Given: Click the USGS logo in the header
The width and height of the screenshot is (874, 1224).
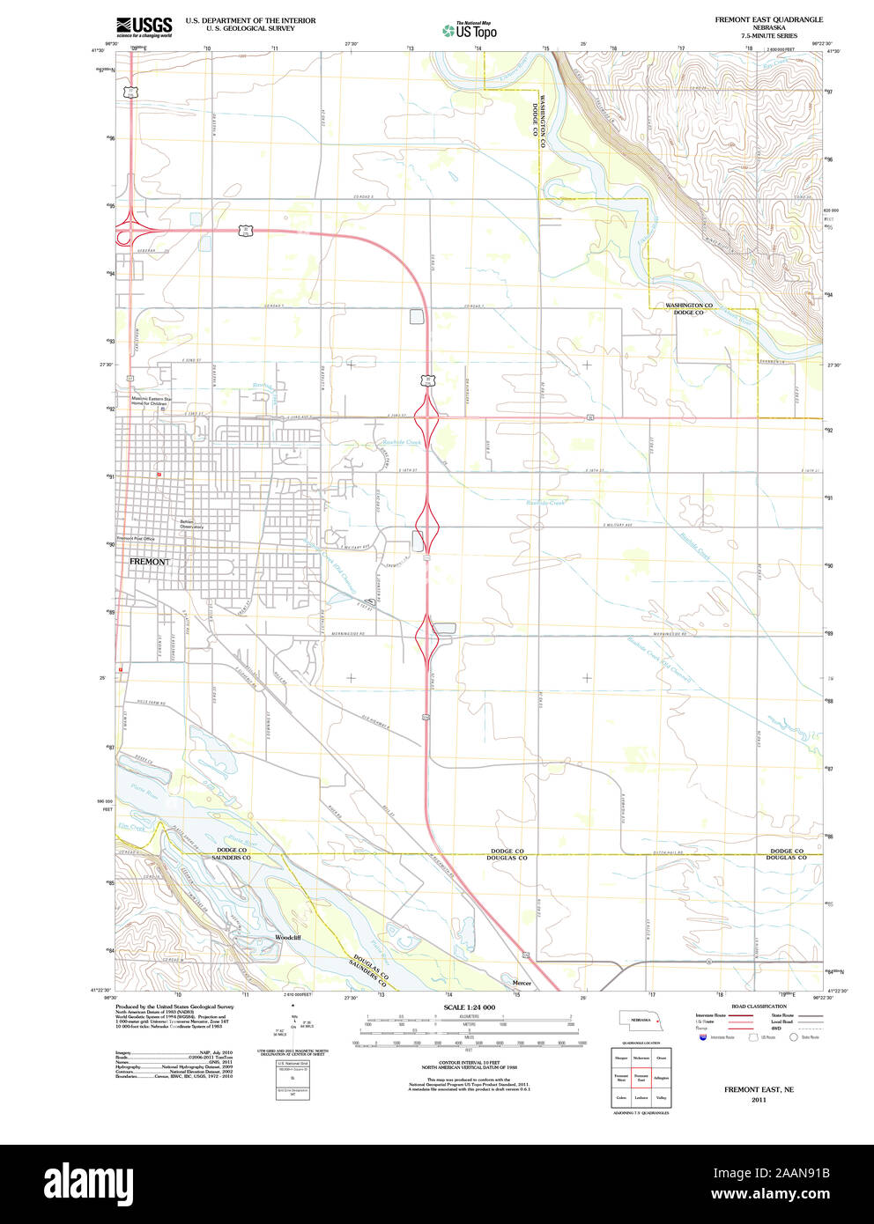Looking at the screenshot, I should pyautogui.click(x=144, y=26).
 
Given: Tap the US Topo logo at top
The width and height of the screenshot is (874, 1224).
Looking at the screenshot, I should pyautogui.click(x=470, y=31).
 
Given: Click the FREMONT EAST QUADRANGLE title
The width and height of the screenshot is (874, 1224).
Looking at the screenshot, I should pyautogui.click(x=768, y=19).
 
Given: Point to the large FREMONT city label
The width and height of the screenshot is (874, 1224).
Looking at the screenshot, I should pyautogui.click(x=149, y=561).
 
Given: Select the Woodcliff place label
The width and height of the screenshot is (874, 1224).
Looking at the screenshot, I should pyautogui.click(x=287, y=937).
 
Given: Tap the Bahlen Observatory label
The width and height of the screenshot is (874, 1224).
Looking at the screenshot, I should pyautogui.click(x=192, y=524).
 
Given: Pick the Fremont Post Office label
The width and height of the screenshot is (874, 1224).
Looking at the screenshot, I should pyautogui.click(x=137, y=538).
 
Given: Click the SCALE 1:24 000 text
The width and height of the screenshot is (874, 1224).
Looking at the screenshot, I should pyautogui.click(x=469, y=1007).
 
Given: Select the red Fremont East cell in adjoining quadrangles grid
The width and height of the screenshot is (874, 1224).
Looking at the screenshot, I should pyautogui.click(x=641, y=1077).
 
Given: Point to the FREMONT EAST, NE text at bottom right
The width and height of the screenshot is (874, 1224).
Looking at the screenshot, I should pyautogui.click(x=759, y=1090).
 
